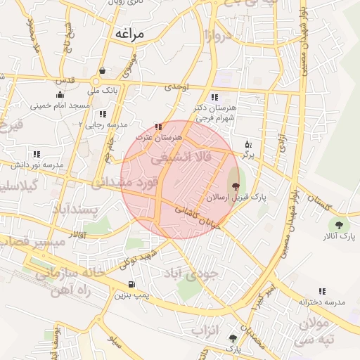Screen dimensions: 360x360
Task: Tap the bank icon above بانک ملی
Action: pyautogui.click(x=103, y=70)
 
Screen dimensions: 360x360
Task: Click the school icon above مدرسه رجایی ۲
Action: pyautogui.click(x=103, y=113)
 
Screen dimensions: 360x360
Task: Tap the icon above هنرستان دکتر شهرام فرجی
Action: pyautogui.click(x=214, y=98)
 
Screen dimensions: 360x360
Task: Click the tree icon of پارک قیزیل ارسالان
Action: pyautogui.click(x=235, y=187)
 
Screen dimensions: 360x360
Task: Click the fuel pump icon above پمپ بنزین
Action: pyautogui.click(x=131, y=285)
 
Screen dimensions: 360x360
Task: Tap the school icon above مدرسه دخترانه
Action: pyautogui.click(x=322, y=291)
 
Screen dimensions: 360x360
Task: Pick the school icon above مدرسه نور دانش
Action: pyautogui.click(x=36, y=154)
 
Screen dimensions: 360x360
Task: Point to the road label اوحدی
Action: pyautogui.click(x=176, y=87)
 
